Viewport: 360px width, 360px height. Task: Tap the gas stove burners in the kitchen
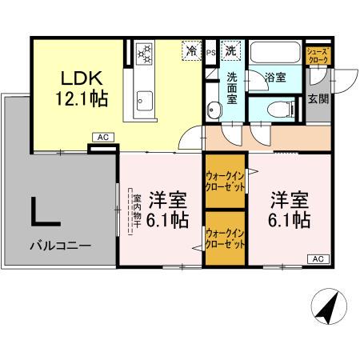144,54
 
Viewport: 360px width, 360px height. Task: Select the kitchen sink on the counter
144,100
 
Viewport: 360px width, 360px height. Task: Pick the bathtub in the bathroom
276,52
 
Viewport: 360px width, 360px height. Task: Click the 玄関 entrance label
318,100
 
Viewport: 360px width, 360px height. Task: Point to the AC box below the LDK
102,138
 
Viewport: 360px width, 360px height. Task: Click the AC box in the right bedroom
318,258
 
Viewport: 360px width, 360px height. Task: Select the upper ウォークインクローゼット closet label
225,180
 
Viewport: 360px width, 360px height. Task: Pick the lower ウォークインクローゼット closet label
225,238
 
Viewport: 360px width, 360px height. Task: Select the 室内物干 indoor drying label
137,211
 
